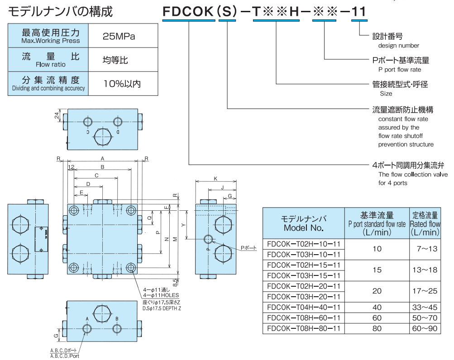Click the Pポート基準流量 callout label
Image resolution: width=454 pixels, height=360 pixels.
[397, 60]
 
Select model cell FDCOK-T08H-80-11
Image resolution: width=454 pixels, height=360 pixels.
[303, 328]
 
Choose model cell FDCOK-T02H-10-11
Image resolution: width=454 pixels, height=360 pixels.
[303, 244]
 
